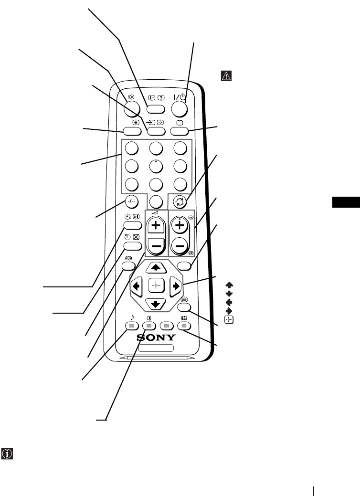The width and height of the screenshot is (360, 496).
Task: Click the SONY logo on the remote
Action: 157,338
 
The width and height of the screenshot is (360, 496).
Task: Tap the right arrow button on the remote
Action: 176,287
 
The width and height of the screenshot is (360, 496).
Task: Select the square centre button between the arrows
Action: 156,287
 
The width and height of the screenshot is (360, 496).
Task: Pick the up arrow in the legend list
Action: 229,285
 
